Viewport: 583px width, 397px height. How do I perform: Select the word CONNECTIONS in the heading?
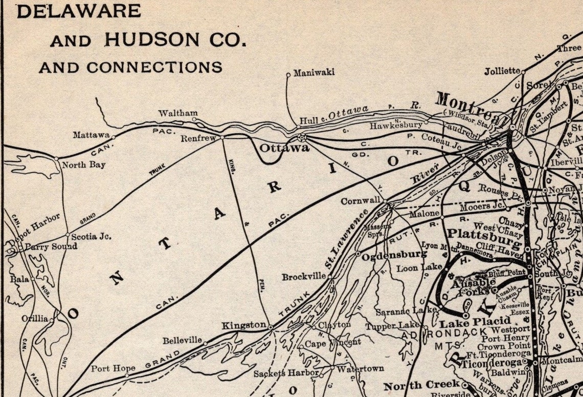[154, 67]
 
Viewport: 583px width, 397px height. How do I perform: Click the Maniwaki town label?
[313, 72]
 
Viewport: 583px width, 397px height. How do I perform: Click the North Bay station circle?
[57, 159]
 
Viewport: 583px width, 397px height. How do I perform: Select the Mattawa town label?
[91, 135]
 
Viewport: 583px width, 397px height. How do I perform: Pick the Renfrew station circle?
[222, 137]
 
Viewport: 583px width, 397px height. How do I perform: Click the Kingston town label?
[243, 325]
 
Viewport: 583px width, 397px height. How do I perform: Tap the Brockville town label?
[303, 277]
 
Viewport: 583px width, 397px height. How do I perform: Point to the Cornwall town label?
[362, 200]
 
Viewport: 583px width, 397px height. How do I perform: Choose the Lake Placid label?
[467, 323]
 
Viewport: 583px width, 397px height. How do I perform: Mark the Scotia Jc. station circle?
[68, 235]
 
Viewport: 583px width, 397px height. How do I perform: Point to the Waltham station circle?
[194, 119]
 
